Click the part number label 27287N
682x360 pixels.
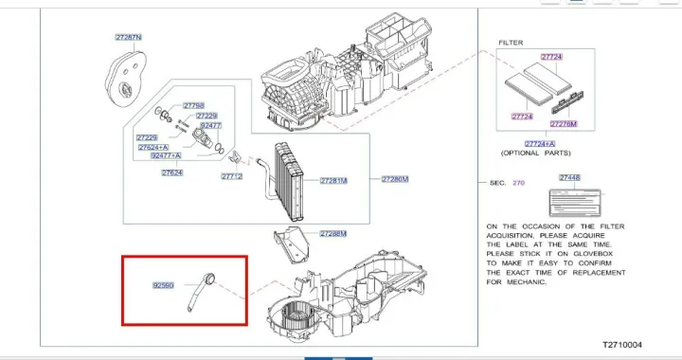coord(128,37)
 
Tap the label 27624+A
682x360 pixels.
coord(153,148)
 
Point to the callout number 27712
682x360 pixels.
coord(232,176)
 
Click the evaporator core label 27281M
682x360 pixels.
coord(333,180)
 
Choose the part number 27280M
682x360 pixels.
coord(394,179)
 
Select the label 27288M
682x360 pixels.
coord(332,233)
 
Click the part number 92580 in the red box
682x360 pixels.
coord(164,284)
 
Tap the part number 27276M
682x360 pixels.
coord(564,124)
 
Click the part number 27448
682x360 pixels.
coord(569,178)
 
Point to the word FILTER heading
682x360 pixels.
coord(511,44)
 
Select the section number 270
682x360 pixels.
coord(518,183)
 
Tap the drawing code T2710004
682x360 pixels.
coord(621,345)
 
